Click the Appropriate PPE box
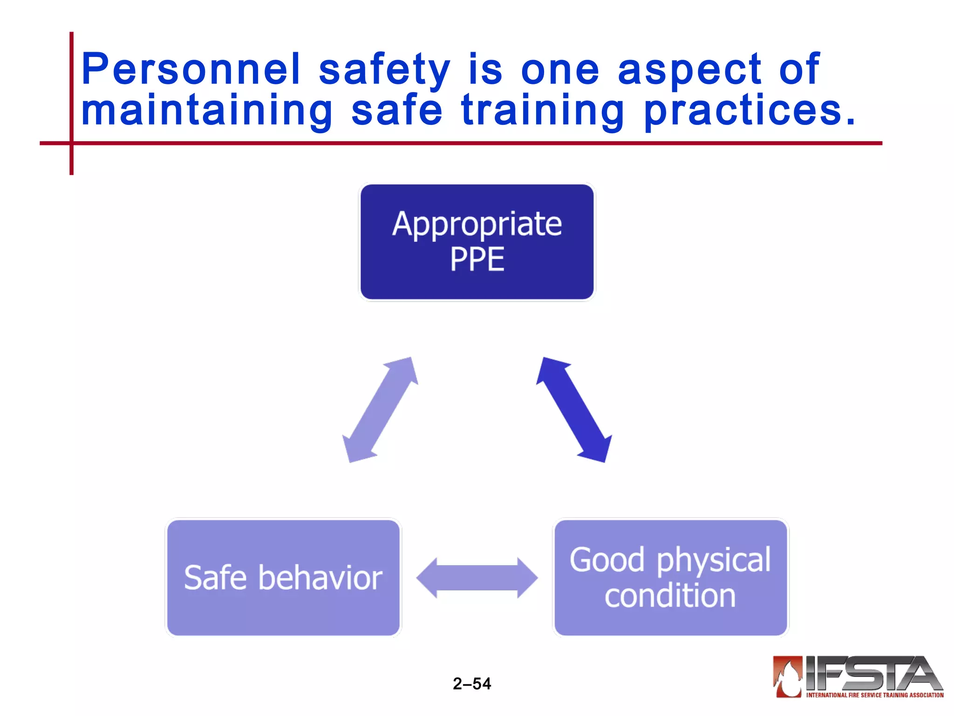(x=477, y=241)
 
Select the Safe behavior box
(x=283, y=577)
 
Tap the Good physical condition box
(x=670, y=577)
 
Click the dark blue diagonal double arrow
(x=574, y=410)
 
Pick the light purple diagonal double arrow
(x=380, y=410)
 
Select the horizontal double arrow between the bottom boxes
(x=477, y=578)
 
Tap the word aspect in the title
(x=689, y=70)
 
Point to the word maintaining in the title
(x=207, y=111)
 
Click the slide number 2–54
(x=472, y=683)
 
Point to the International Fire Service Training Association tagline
(x=874, y=695)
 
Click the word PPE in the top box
(x=477, y=259)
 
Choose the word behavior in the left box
(x=320, y=578)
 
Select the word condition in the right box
(x=670, y=596)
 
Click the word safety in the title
(x=384, y=70)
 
